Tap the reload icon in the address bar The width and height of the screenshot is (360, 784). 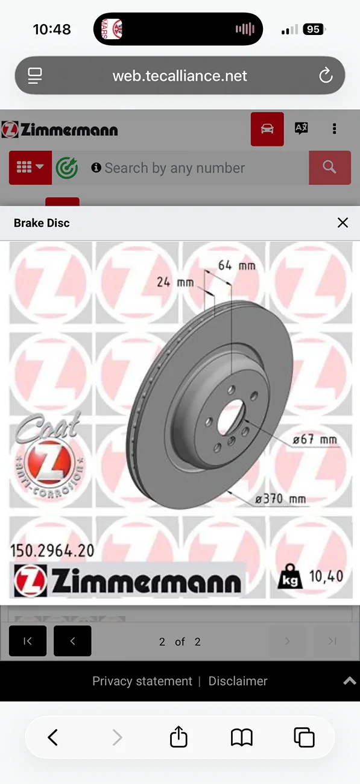(326, 75)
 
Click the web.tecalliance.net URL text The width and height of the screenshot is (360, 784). (180, 76)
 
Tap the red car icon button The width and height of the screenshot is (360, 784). (267, 129)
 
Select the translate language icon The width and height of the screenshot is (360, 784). (302, 128)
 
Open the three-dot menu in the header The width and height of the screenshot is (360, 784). (335, 128)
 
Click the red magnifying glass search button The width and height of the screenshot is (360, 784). (330, 168)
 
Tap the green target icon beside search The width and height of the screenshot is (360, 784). (67, 168)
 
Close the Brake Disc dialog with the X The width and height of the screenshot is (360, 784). (343, 223)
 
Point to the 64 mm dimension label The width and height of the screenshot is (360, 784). (237, 265)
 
